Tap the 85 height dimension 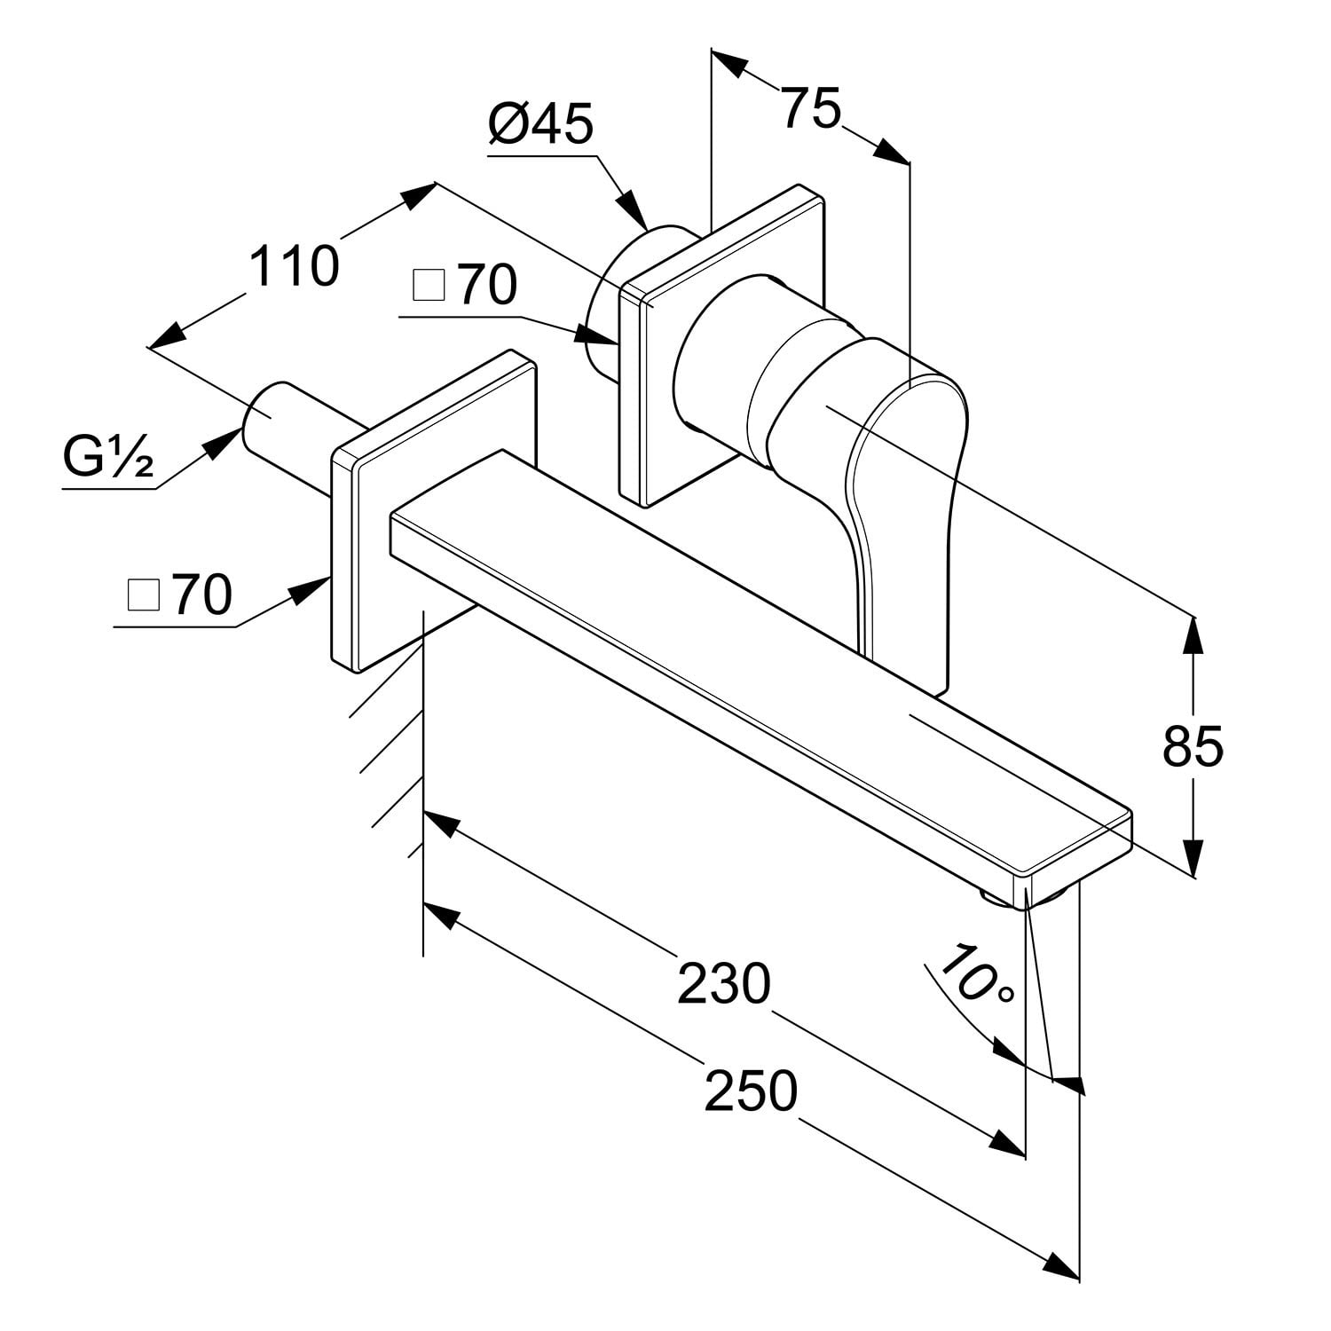(1193, 746)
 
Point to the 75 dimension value (811, 109)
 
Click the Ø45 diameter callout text (540, 125)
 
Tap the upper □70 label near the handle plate (465, 286)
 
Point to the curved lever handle (905, 497)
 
